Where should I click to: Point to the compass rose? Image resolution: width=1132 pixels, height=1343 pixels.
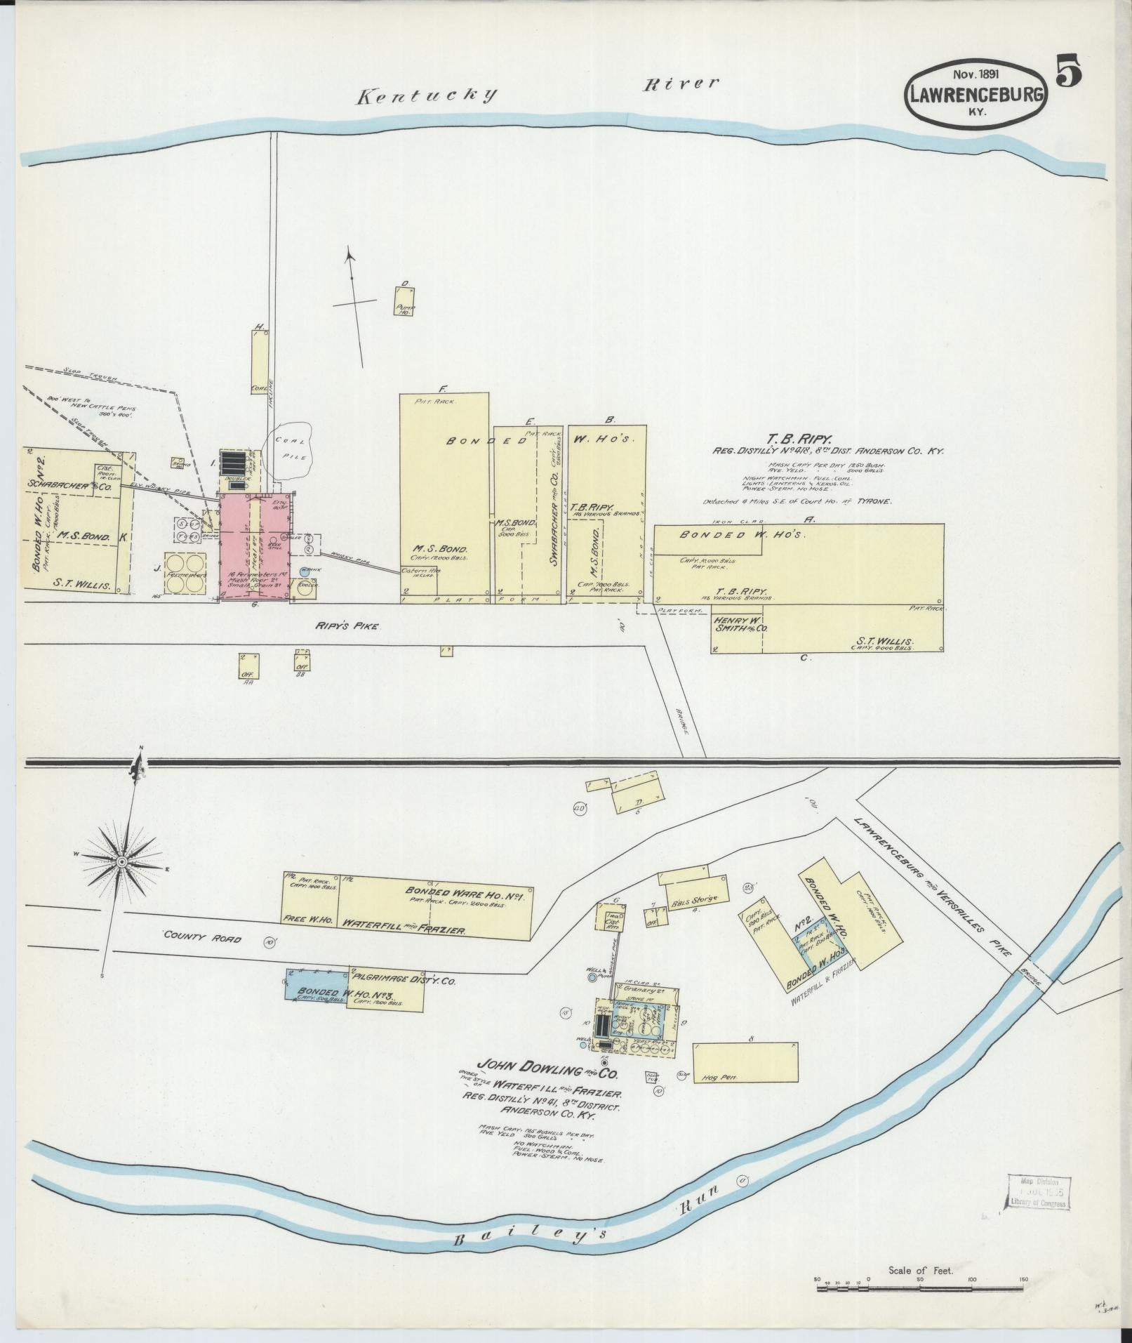(x=122, y=861)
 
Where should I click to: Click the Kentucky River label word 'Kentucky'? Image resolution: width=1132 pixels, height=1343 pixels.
(x=426, y=96)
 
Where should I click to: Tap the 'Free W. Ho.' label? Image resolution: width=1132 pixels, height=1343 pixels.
(x=307, y=918)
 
